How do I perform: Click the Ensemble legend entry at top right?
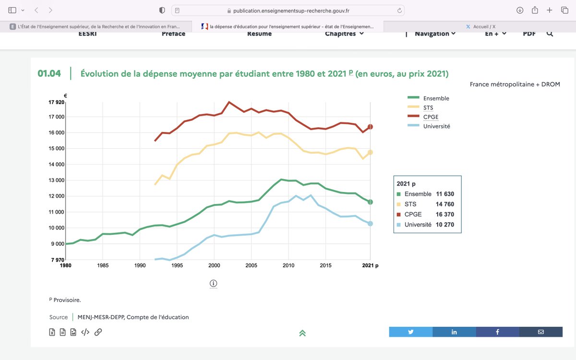(436, 98)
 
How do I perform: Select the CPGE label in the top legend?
(431, 117)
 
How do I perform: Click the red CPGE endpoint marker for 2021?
(370, 127)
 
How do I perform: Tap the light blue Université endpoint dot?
(370, 224)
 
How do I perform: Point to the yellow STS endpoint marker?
(370, 152)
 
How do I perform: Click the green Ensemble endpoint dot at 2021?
(370, 202)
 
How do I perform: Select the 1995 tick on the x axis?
(177, 265)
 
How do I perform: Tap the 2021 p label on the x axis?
(370, 265)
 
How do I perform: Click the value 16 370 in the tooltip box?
(445, 215)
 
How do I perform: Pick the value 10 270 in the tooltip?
(445, 225)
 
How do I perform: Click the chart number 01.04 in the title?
(49, 73)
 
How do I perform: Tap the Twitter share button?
(411, 332)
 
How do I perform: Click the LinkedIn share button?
(454, 332)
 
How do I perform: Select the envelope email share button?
(540, 332)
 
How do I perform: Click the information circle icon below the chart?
(214, 283)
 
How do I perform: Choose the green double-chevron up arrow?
(302, 333)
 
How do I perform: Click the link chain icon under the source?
(98, 332)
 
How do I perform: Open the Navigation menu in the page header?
(434, 34)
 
